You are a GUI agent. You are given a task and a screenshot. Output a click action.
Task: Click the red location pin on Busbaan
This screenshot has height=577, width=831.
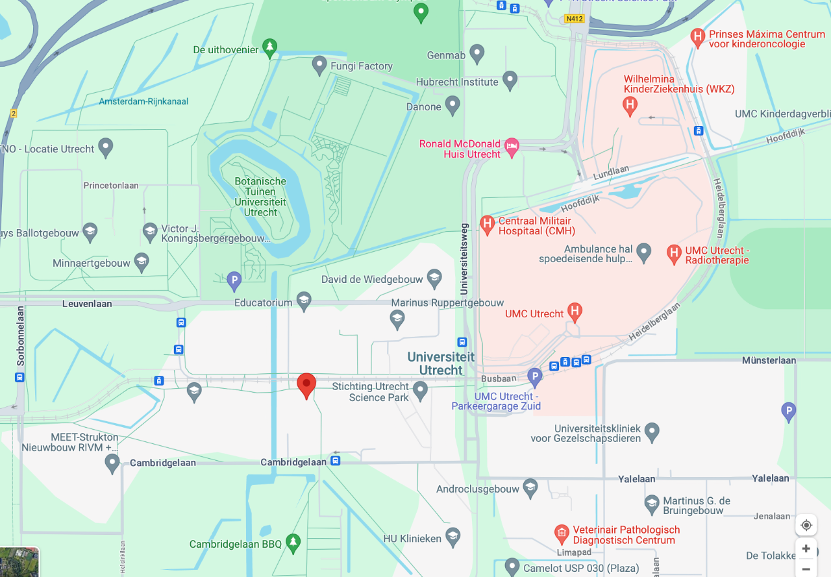[306, 385]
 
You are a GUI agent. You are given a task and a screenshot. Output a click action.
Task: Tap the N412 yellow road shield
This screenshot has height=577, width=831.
[575, 19]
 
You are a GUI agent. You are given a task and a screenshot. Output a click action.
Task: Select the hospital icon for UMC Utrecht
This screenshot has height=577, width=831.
[574, 312]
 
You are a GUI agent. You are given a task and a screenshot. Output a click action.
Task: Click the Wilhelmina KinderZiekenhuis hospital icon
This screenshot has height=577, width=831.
[629, 105]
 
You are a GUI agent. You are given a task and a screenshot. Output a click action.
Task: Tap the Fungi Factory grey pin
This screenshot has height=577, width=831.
[319, 65]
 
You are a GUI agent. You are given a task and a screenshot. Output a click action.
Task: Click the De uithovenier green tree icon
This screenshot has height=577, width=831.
[270, 47]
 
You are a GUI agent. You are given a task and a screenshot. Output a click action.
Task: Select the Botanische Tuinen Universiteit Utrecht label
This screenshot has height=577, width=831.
[260, 197]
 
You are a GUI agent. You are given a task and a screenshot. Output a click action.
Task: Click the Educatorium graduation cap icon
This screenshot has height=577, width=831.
[303, 301]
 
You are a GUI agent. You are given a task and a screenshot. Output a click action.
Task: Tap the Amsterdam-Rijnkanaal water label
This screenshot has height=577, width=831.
[143, 101]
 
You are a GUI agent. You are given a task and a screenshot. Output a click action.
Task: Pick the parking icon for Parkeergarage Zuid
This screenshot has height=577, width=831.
[534, 376]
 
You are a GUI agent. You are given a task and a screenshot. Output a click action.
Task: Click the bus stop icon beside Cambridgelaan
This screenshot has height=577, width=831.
[335, 461]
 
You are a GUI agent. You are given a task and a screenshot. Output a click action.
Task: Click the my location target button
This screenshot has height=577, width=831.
[806, 525]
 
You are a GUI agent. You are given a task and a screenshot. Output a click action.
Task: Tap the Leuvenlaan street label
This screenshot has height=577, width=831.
[87, 304]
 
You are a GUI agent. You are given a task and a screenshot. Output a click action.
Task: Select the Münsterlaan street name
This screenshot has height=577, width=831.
[769, 360]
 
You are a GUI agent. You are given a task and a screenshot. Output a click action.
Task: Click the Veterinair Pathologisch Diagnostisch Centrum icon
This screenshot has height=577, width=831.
[562, 534]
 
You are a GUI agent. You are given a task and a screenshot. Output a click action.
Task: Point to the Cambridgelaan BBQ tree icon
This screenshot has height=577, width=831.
[293, 542]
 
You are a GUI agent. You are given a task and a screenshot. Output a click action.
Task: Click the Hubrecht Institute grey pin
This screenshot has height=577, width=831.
[510, 80]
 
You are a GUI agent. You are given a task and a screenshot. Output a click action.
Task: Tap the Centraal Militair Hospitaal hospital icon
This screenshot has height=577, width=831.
[487, 225]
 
